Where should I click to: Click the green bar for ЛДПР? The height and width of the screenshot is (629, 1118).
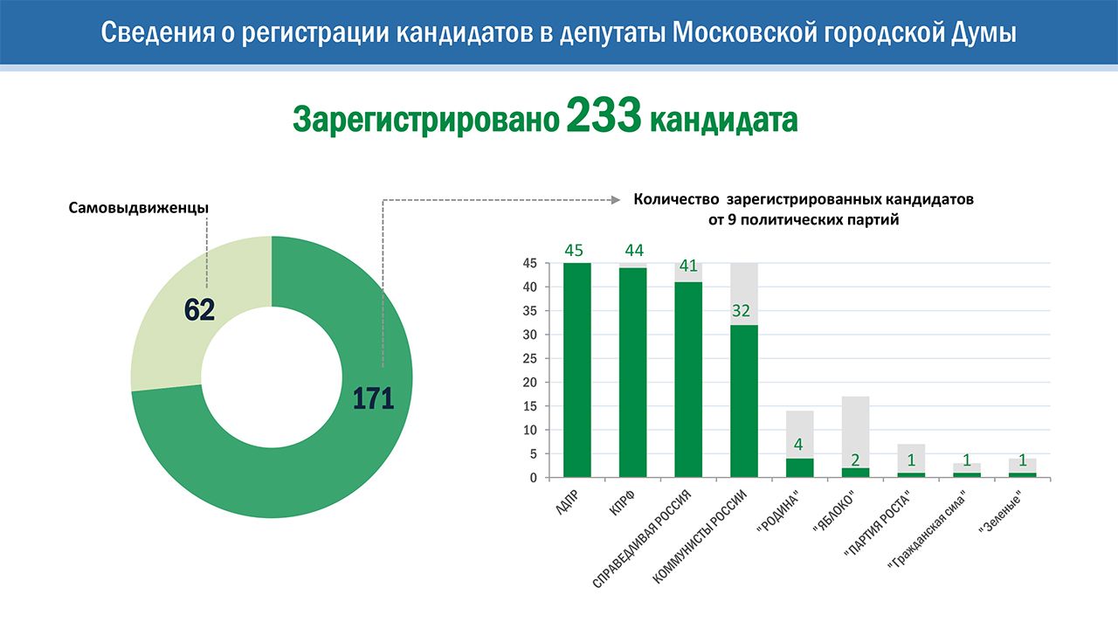coord(576,370)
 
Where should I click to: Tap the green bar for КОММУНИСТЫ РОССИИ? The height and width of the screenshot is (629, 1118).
coord(743,401)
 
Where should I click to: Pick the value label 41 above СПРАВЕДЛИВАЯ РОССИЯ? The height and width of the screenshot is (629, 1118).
coord(688,266)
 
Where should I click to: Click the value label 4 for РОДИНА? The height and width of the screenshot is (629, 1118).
coord(798,444)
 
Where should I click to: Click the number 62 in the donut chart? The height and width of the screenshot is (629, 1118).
coord(200,309)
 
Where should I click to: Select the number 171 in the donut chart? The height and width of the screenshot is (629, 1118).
coord(374,398)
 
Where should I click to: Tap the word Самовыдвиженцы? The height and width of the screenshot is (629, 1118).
coord(138,209)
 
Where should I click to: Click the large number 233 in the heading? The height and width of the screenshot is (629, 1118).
coord(604,118)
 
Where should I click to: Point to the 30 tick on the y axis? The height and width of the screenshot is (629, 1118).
coord(529,335)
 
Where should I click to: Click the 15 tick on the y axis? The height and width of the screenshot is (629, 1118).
coord(529,406)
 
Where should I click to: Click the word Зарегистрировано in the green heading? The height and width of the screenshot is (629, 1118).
coord(425,120)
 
